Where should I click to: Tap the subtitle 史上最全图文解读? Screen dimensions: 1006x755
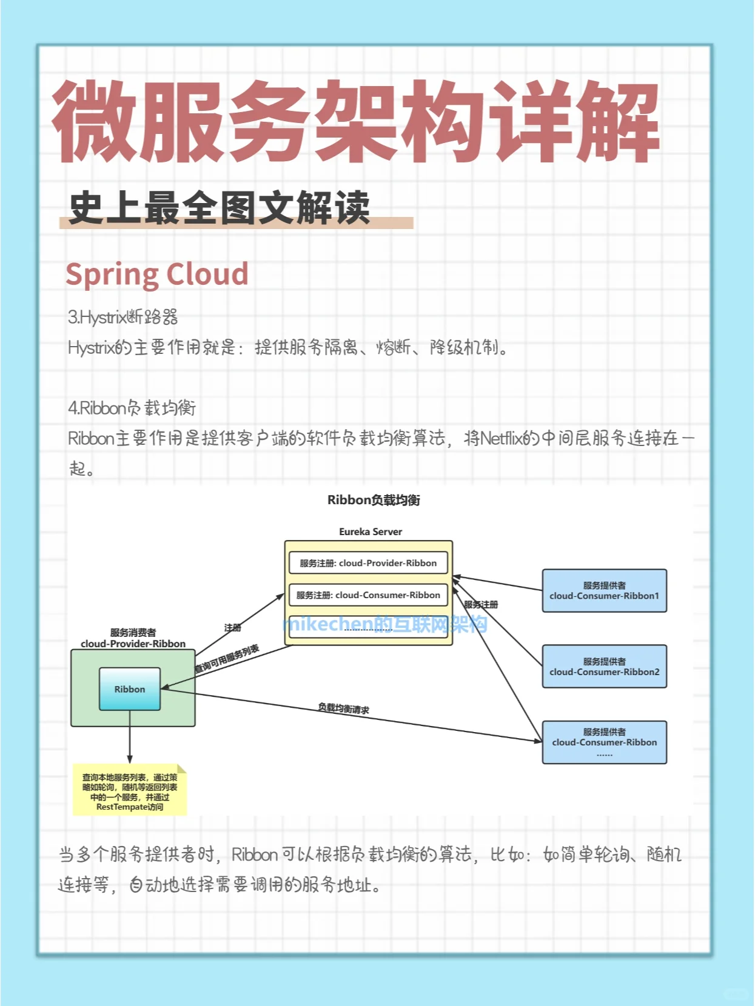click(220, 208)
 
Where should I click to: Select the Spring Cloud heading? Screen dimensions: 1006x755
click(157, 274)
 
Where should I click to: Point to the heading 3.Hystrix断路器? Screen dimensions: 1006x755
click(122, 317)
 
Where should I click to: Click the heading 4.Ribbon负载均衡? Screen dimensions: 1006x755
click(132, 408)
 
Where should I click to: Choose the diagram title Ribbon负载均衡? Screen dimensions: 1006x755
click(374, 500)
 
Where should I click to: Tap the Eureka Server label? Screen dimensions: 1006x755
click(371, 531)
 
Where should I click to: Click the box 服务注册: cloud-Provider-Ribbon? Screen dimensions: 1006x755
click(368, 563)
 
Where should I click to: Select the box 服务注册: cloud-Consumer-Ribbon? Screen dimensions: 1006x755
click(368, 595)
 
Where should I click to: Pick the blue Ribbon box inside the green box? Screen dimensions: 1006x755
click(130, 689)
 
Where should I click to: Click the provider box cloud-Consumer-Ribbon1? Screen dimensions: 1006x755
click(604, 591)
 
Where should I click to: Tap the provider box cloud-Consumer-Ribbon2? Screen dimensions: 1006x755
click(604, 667)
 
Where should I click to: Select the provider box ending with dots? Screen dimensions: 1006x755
click(604, 742)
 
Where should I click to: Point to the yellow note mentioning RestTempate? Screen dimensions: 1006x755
click(130, 791)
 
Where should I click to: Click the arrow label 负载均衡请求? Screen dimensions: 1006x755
click(344, 708)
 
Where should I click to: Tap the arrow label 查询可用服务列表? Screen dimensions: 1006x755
click(227, 659)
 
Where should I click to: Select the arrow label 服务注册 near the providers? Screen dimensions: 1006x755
click(481, 604)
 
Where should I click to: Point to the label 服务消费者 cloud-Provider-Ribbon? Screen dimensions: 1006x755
click(133, 638)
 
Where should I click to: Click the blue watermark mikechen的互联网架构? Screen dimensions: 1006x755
click(385, 624)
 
